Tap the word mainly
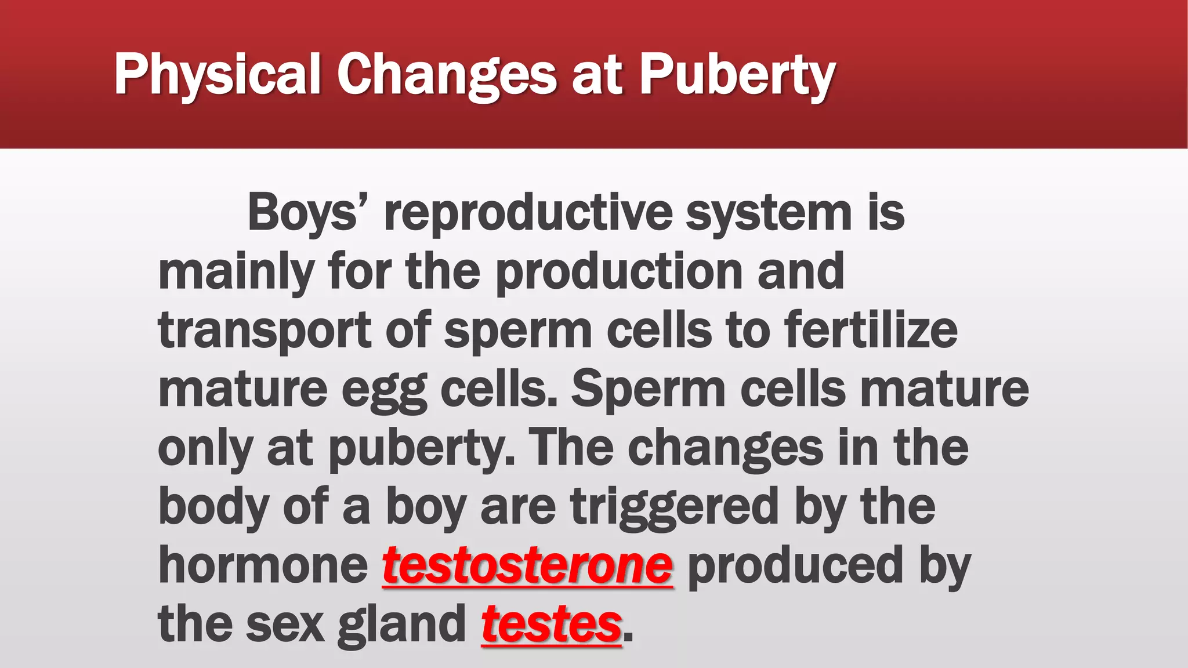236,272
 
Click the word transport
264,331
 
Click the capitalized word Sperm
648,390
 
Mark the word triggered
675,507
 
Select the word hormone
263,565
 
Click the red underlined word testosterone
527,565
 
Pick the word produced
795,565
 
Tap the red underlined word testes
551,624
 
